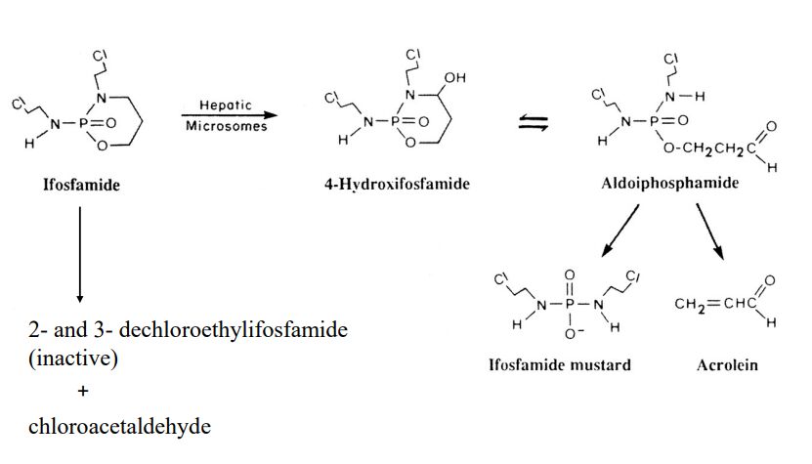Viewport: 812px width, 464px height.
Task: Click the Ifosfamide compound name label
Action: tap(81, 185)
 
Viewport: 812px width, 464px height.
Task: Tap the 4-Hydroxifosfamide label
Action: tap(397, 184)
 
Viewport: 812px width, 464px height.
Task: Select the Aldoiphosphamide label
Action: tap(670, 183)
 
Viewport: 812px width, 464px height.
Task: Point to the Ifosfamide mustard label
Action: tap(560, 364)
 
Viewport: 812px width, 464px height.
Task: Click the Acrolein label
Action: tap(727, 365)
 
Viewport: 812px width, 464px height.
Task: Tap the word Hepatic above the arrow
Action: tap(226, 105)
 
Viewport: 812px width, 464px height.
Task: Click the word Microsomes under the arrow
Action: tap(227, 126)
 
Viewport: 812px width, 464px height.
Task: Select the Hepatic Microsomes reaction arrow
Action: tap(230, 115)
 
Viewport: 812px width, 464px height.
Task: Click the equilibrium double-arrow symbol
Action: tap(534, 123)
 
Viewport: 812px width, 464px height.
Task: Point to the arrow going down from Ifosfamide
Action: tap(80, 254)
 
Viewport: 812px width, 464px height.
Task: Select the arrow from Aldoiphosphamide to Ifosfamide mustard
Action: tap(620, 231)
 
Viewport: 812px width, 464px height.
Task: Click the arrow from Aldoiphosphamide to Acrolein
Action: tap(710, 232)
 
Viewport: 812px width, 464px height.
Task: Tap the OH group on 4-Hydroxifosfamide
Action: tap(455, 78)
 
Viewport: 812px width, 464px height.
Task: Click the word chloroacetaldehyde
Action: tap(119, 427)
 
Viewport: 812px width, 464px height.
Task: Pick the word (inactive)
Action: tap(73, 358)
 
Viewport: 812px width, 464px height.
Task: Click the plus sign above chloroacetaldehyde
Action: tap(83, 391)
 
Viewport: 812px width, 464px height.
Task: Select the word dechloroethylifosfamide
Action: tap(233, 330)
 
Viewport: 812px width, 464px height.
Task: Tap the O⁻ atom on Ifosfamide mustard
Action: tap(572, 333)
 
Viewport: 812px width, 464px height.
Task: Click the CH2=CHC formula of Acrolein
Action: tap(715, 304)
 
